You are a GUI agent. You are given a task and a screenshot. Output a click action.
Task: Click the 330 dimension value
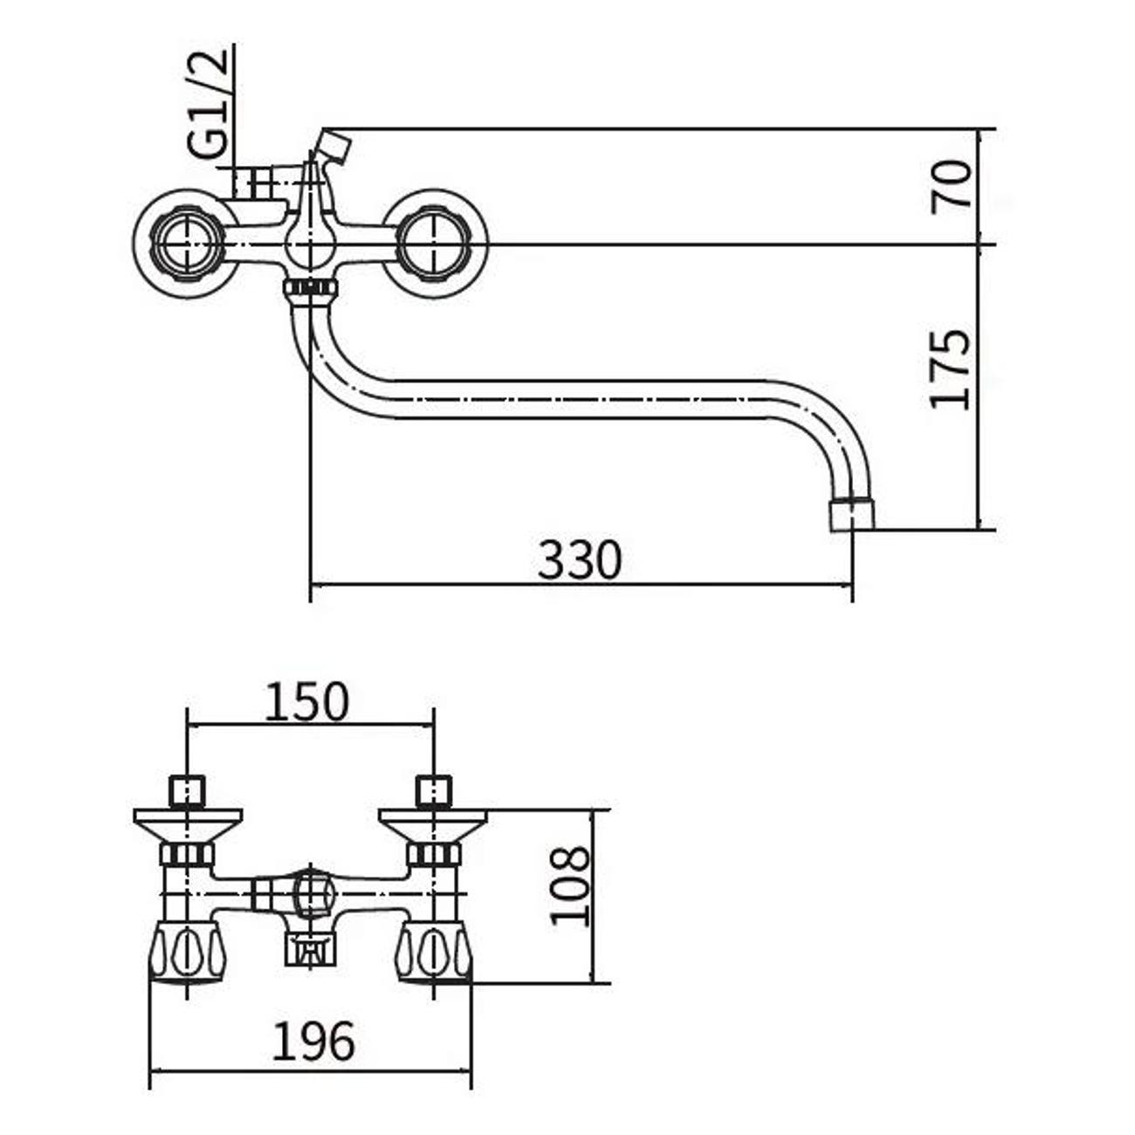[579, 561]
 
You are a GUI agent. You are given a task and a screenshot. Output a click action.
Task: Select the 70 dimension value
[952, 185]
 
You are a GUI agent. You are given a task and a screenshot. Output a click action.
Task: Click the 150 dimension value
[306, 703]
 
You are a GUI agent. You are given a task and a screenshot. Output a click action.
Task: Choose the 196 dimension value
[314, 1041]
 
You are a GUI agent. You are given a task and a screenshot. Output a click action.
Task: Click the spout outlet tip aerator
[850, 514]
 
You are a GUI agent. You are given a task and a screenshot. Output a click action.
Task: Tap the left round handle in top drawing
[187, 243]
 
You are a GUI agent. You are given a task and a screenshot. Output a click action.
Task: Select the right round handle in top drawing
[433, 243]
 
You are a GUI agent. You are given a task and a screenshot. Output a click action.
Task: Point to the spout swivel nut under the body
[311, 288]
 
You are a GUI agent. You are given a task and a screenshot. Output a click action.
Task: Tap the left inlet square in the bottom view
[188, 792]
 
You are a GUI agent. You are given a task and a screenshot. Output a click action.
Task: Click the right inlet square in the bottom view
[434, 792]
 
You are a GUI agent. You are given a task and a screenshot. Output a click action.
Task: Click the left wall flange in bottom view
[188, 823]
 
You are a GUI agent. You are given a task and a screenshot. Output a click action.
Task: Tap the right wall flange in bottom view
[433, 823]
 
